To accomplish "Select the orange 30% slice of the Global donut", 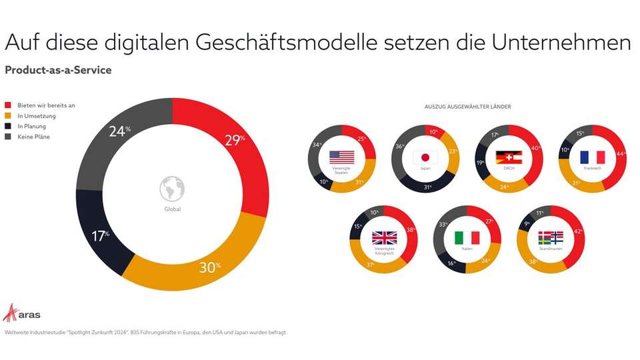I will tap(200, 267).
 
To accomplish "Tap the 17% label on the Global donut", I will tap(99, 236).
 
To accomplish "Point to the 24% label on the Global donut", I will tap(119, 131).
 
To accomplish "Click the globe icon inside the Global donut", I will tap(172, 188).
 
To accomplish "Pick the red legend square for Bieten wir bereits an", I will tap(8, 105).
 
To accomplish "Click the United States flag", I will tap(342, 157).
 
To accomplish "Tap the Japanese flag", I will tap(425, 157).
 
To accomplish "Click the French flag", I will tap(591, 157).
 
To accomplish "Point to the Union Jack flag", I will tap(384, 238).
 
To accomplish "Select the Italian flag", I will tap(467, 238).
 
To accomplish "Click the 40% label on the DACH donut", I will tap(534, 147).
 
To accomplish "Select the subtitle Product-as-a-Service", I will tap(58, 70).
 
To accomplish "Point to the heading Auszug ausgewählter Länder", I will tap(467, 107).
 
